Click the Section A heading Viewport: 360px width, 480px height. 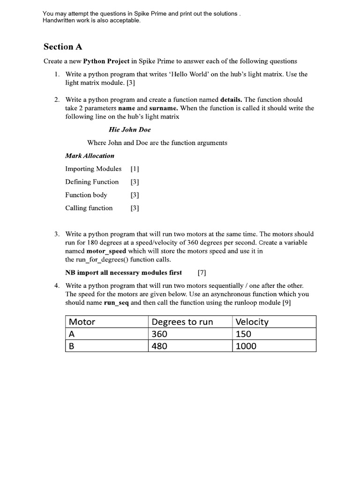(59, 46)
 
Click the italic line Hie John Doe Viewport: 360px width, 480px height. (129, 129)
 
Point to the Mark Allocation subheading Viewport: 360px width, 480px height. (90, 156)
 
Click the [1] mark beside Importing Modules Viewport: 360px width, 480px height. (135, 169)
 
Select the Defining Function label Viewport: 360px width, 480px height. (92, 182)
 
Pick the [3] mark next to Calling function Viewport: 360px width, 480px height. (135, 208)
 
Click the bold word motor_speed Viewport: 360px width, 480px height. (106, 251)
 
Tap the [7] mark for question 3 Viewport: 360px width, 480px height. (202, 272)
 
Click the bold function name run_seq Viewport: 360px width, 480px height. (116, 302)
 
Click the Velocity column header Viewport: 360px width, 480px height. (252, 322)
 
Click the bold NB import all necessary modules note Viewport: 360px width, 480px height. (123, 272)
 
